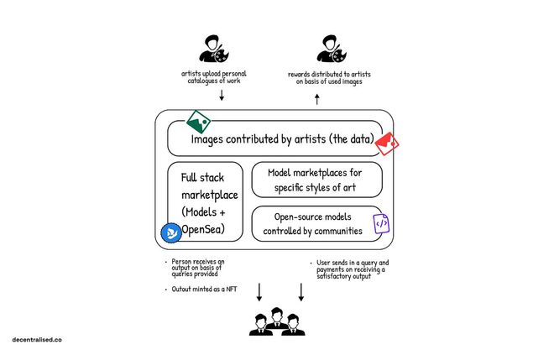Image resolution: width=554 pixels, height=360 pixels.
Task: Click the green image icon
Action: coord(199,122)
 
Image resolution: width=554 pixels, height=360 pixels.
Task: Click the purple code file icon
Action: coord(380,223)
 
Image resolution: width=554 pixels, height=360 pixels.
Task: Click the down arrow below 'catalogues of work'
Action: coord(221,95)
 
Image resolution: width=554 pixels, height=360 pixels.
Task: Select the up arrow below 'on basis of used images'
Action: coord(316,98)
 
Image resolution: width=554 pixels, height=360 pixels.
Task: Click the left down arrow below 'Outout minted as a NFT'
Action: coord(259,292)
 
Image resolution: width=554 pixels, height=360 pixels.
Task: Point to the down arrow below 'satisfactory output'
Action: coord(301,292)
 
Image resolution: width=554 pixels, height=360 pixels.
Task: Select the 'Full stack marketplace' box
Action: coord(206,201)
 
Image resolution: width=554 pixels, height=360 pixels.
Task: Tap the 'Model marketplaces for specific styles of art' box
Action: coord(317,180)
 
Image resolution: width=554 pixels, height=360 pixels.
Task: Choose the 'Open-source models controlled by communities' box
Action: coord(317,223)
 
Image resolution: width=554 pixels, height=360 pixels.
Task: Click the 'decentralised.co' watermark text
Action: coord(37,340)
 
